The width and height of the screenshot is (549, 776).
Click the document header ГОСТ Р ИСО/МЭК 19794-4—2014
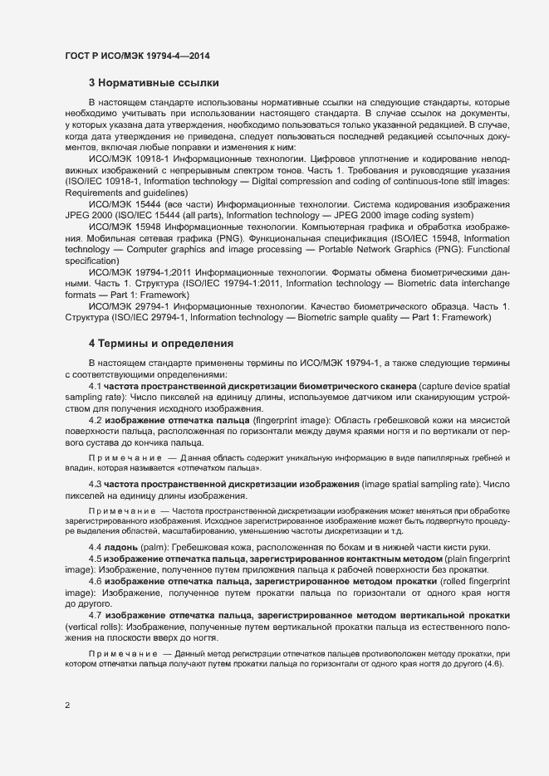tap(136, 56)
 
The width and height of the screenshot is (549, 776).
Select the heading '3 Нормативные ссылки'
tap(154, 82)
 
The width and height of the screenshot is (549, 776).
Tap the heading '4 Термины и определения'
tap(160, 343)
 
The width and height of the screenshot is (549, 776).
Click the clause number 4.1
tap(95, 387)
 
